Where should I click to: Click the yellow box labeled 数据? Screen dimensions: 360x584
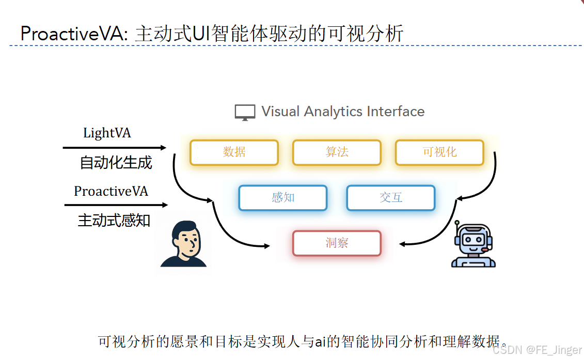click(x=234, y=152)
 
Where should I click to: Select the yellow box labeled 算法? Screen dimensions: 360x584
click(x=337, y=152)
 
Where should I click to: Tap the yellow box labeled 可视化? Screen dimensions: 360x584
click(x=439, y=152)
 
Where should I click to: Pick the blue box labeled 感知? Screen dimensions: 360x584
click(x=282, y=198)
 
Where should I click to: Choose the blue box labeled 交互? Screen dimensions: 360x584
click(x=390, y=198)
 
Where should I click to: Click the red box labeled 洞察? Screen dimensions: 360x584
click(x=337, y=243)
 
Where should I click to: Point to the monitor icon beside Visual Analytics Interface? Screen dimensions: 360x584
click(x=245, y=112)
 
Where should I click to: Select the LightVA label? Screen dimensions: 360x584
click(x=107, y=133)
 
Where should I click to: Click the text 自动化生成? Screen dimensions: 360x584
click(x=116, y=163)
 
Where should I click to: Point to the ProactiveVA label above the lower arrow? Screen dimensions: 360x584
click(x=111, y=192)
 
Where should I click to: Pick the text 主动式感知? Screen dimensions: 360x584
click(x=114, y=221)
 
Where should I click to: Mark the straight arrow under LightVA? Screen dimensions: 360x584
click(x=114, y=148)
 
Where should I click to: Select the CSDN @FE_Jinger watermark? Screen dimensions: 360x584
click(x=536, y=350)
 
